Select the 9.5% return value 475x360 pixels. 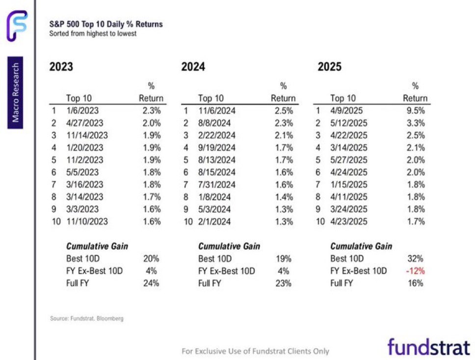[415, 111]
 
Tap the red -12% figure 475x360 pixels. [415, 271]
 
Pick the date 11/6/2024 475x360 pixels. [216, 111]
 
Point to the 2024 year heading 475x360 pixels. [193, 67]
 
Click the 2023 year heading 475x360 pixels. [61, 67]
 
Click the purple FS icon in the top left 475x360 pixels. [17, 26]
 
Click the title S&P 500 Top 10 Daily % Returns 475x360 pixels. [106, 24]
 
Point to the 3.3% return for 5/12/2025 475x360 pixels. [415, 123]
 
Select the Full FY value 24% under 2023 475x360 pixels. [152, 283]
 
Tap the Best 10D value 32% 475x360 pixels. [415, 258]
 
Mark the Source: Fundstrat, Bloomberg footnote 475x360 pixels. [87, 318]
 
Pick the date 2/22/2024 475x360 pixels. [216, 135]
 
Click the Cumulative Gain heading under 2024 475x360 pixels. [229, 246]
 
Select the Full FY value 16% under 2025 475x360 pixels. [415, 283]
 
